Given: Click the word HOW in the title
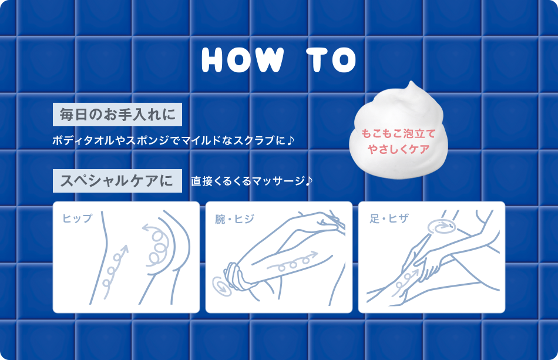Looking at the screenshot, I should tap(243, 59).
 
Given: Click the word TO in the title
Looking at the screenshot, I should tap(332, 59).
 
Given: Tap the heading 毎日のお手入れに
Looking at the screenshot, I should tap(117, 115).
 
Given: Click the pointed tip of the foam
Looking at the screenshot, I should tap(412, 85).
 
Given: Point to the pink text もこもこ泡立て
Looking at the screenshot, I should tap(398, 133).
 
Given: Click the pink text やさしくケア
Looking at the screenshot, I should tap(398, 149).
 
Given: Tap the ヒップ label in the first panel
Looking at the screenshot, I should tap(78, 218).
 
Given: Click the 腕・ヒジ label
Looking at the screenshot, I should tap(234, 218).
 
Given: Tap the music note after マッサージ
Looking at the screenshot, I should tap(309, 181).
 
